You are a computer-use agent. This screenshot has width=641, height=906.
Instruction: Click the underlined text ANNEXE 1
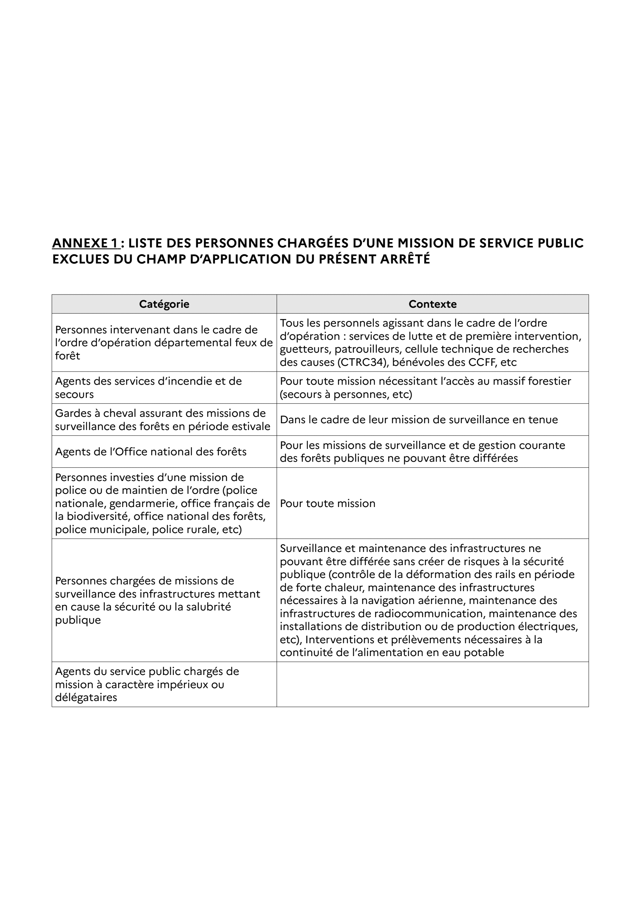tap(86, 243)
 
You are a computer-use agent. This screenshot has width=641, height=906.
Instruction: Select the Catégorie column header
tap(164, 304)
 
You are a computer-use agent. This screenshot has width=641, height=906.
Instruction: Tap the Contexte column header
tap(432, 304)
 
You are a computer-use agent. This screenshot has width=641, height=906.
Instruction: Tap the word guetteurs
tap(305, 349)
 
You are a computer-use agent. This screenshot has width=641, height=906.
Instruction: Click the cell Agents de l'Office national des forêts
tap(151, 451)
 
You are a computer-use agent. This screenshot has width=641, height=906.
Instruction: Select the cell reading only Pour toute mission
tap(327, 503)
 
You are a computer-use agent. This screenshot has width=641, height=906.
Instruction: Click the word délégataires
tap(86, 697)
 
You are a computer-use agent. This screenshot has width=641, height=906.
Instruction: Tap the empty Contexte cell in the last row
tap(432, 684)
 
